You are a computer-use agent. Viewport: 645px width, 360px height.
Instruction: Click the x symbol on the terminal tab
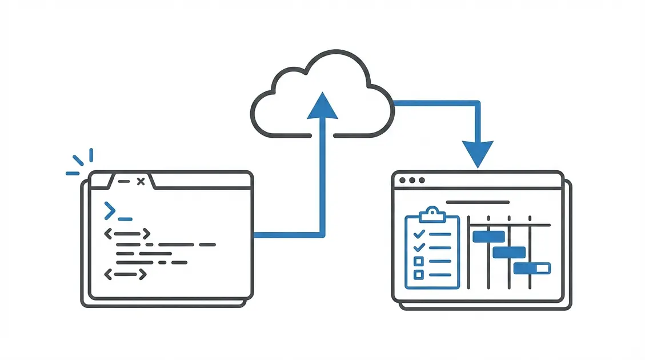[x=141, y=181]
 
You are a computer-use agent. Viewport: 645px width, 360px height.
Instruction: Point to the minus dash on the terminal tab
[x=122, y=181]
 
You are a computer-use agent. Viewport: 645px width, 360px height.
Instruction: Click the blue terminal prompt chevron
[x=109, y=211]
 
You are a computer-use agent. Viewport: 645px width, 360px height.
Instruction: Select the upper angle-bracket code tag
[x=127, y=233]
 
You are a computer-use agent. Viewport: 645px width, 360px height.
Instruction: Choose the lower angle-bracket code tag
[x=126, y=274]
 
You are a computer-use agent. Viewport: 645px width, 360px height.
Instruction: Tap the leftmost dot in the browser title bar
[x=403, y=180]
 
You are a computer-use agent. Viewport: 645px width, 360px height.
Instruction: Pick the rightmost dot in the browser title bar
[x=422, y=180]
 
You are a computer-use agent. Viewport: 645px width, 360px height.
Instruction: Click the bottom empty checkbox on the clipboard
[x=418, y=274]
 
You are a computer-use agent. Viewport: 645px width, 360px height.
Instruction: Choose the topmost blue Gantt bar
[x=488, y=236]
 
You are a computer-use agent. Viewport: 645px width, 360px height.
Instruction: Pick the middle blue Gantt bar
[x=508, y=252]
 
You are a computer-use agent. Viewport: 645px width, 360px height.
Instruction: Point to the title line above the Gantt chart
[x=477, y=202]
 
